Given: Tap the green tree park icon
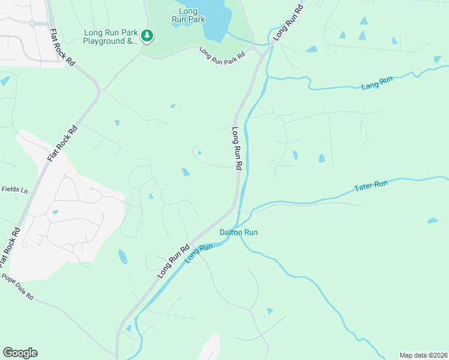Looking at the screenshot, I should pos(147,36).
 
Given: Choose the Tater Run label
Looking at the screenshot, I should pos(372,186).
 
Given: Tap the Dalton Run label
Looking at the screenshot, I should pos(238,232).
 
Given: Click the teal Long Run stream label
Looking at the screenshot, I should pos(199,253).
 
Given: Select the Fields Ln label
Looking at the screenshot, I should pos(14,190).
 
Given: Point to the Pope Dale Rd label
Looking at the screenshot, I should pos(17,287).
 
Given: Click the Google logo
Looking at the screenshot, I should pos(20,353).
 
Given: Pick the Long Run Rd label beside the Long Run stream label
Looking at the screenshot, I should pos(173,260).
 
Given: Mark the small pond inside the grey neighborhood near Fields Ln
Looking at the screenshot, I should pos(55,212).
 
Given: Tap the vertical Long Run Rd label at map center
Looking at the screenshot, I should pos(237,148).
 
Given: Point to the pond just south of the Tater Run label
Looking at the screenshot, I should pos(433,221).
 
